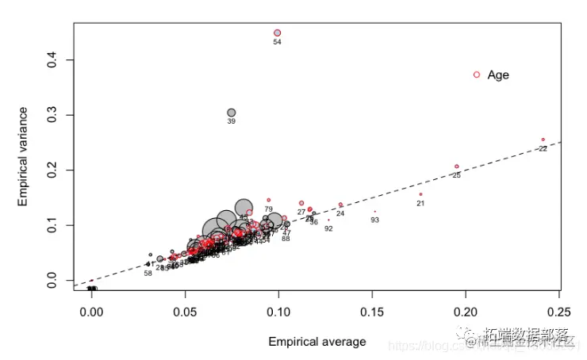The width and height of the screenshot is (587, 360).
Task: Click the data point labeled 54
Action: coord(278,33)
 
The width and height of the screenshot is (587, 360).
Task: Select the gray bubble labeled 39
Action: coord(232,113)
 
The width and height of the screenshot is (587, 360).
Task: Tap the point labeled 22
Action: coord(543,140)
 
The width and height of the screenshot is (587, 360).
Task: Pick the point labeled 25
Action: coord(457,167)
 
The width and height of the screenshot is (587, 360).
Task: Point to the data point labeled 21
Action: coord(420,194)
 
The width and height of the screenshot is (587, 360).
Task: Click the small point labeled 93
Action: coord(375,212)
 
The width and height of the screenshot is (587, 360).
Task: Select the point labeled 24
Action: coord(341,205)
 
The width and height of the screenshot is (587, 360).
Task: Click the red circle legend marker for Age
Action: coord(477,75)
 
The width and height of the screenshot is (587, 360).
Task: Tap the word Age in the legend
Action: coord(498,75)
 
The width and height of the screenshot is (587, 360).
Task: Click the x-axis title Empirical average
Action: coord(317,342)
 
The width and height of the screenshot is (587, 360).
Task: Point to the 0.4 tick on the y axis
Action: coord(51,60)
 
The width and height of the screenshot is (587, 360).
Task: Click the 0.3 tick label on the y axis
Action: coord(51,115)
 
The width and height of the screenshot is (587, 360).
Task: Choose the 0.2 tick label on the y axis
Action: coord(51,170)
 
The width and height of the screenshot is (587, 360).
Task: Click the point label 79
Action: coord(269,209)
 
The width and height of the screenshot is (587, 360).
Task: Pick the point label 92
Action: coord(328,228)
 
